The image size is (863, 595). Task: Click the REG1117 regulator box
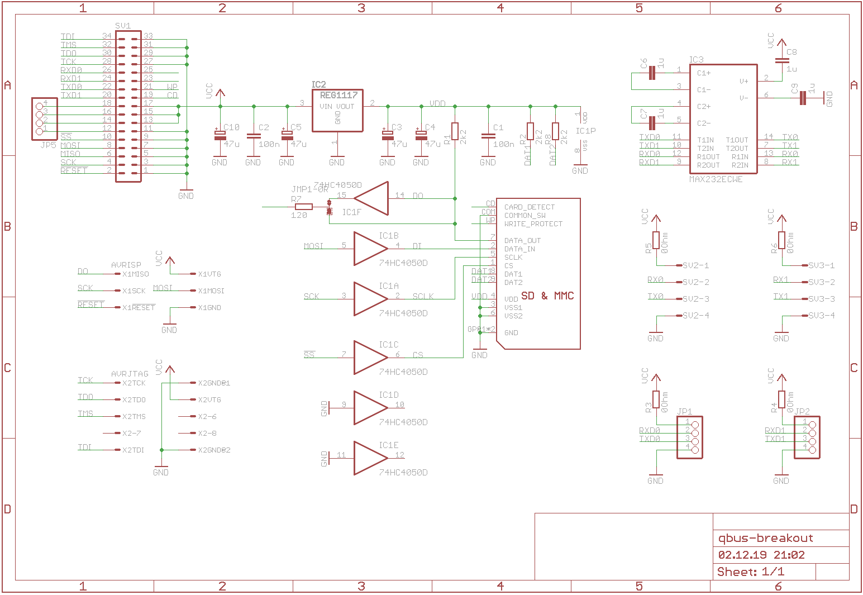(x=337, y=111)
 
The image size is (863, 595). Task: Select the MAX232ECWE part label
(x=716, y=179)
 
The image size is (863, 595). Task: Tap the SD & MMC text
(x=547, y=296)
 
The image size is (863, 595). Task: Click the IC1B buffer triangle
(x=370, y=249)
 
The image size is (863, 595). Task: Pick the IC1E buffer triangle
(x=370, y=458)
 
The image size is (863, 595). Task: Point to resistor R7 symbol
(x=303, y=207)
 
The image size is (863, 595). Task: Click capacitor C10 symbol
(x=220, y=135)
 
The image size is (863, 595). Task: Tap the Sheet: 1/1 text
(x=750, y=572)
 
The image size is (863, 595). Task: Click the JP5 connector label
(x=48, y=145)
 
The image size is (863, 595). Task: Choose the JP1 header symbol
(x=689, y=437)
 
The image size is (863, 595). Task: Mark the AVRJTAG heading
(x=130, y=374)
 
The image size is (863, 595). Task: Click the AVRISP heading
(x=126, y=265)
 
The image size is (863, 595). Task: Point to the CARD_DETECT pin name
(x=529, y=207)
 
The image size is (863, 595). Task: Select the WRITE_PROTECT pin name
(x=533, y=223)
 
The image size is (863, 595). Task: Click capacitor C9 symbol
(x=803, y=98)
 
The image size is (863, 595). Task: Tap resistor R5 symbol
(x=656, y=240)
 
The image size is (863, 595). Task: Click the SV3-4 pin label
(x=821, y=316)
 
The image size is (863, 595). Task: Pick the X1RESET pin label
(x=139, y=308)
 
